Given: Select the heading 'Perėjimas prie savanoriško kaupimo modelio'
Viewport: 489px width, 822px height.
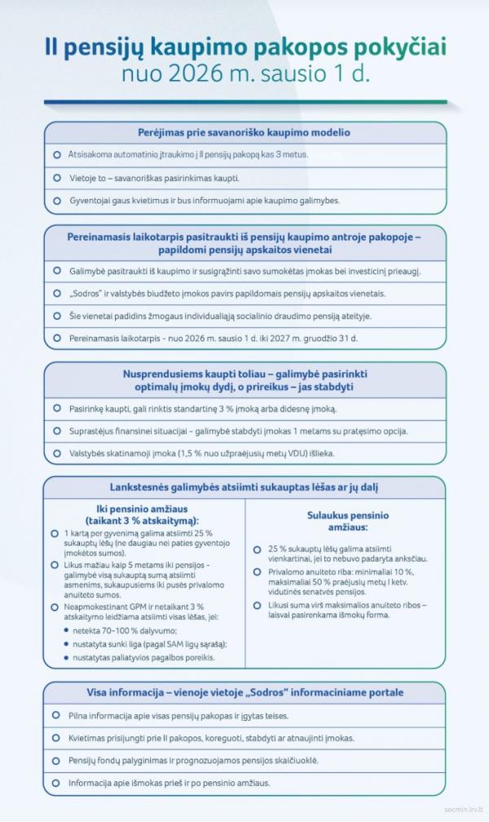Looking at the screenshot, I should coord(244,132).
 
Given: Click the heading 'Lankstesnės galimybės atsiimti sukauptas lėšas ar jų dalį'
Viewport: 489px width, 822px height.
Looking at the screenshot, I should coord(244,487).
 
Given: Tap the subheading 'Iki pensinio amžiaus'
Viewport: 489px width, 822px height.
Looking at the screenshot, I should coord(143,508).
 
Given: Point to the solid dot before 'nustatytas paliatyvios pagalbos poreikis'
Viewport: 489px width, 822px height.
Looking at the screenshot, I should coord(65,657).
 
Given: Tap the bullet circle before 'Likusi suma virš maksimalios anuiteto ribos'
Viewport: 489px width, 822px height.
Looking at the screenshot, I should coord(258,605).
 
